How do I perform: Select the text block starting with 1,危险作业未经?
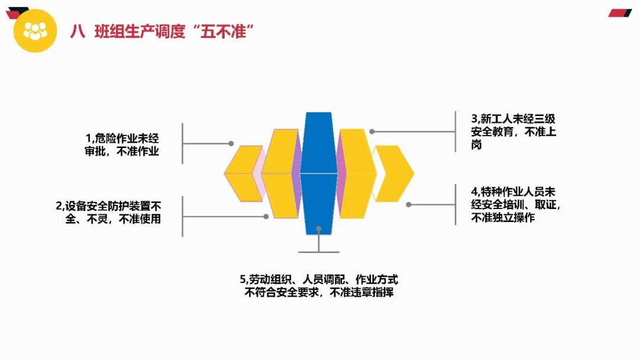pyautogui.click(x=122, y=144)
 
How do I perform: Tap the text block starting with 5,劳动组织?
pyautogui.click(x=319, y=285)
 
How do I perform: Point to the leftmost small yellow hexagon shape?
pyautogui.click(x=242, y=173)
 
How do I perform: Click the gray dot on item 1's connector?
pyautogui.click(x=231, y=143)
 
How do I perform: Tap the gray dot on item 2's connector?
pyautogui.click(x=266, y=217)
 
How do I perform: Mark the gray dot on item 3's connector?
pyautogui.click(x=372, y=131)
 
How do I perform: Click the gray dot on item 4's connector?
pyautogui.click(x=409, y=204)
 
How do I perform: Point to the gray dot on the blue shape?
pyautogui.click(x=318, y=227)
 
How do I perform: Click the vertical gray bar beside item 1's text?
pyautogui.click(x=182, y=143)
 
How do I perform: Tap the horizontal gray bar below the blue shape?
pyautogui.click(x=319, y=252)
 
